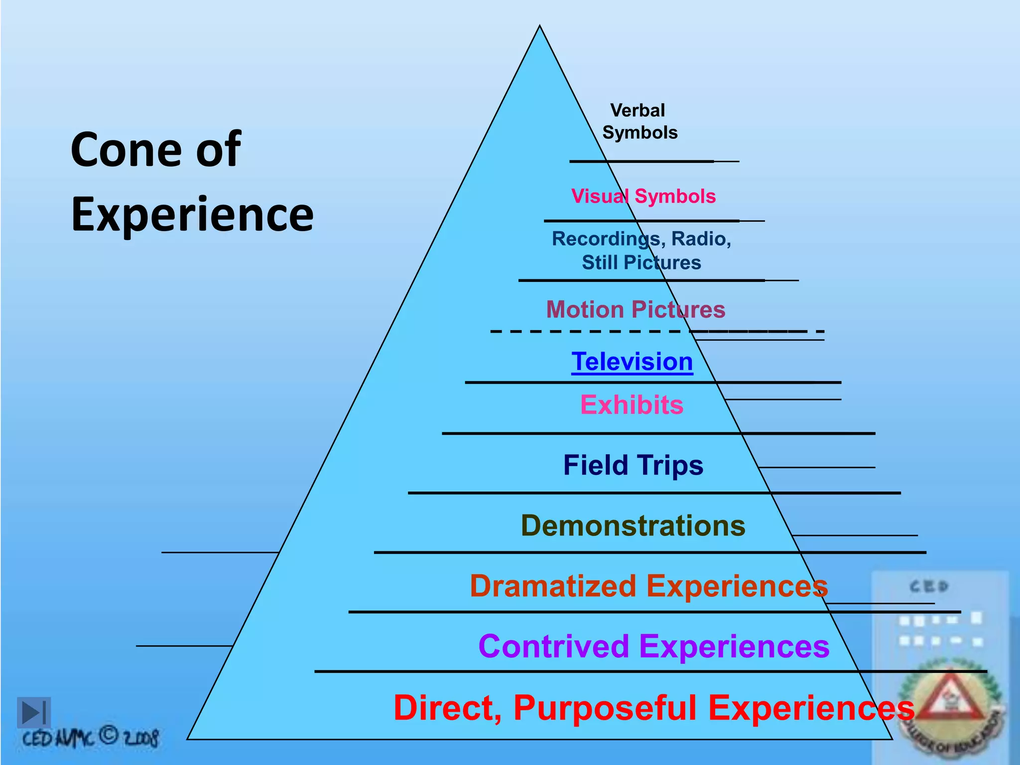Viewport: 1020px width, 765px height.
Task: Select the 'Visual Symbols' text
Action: (643, 196)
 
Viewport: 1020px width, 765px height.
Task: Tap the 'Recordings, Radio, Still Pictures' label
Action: (641, 251)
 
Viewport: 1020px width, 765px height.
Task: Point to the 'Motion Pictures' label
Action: (636, 309)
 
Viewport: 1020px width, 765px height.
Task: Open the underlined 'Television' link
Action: (632, 361)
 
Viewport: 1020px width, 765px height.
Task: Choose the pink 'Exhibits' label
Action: (632, 404)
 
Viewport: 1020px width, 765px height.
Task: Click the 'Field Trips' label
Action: (633, 465)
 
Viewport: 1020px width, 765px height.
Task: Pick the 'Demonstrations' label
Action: (633, 525)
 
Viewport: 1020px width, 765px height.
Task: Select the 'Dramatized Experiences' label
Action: (648, 586)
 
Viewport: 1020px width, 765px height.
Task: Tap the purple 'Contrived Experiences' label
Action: (653, 646)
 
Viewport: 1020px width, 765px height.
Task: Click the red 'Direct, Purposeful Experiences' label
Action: (653, 707)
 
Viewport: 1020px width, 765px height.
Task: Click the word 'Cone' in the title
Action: (127, 150)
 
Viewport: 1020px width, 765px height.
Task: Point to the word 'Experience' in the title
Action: (192, 215)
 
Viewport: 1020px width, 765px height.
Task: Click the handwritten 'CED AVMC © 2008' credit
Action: (91, 738)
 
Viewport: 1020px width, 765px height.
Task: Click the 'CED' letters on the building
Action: (929, 587)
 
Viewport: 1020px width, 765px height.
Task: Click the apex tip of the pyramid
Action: (539, 27)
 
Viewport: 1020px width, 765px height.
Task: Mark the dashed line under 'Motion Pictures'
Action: (585, 331)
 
